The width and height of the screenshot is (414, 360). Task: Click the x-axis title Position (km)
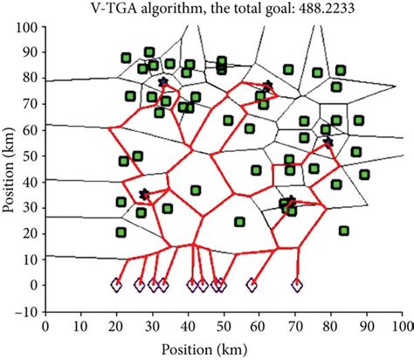[x=224, y=346]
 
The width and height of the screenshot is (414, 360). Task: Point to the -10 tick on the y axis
[x=31, y=310]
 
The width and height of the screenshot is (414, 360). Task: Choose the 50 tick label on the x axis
[x=224, y=324]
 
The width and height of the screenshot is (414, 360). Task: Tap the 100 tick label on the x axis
[x=401, y=324]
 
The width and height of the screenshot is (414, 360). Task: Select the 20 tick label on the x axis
[x=116, y=324]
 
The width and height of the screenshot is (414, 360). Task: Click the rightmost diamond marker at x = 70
[x=296, y=284]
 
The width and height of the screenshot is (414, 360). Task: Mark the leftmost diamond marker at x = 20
[x=116, y=284]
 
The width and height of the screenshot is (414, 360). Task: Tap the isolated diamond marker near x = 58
[x=252, y=284]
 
